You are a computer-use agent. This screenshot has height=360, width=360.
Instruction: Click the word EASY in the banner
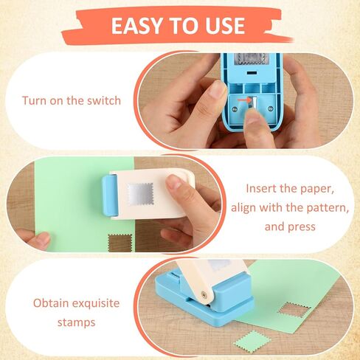tap(137, 25)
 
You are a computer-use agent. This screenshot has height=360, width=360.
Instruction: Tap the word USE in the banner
tap(225, 25)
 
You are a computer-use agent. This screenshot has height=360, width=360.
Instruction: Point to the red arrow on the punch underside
tap(243, 100)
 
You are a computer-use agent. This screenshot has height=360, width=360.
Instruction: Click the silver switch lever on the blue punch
tap(255, 102)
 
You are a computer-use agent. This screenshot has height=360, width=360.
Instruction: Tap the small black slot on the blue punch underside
tap(252, 73)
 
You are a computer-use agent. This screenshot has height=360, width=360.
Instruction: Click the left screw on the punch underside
tap(235, 108)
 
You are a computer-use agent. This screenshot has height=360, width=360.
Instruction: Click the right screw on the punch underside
tap(271, 108)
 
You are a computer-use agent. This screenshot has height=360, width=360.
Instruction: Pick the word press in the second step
tap(302, 226)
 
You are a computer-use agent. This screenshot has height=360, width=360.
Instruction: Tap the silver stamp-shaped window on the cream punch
tap(140, 194)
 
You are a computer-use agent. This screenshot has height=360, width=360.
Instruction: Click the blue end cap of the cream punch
tap(110, 195)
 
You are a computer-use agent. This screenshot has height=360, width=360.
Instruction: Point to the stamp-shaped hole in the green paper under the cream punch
tap(120, 243)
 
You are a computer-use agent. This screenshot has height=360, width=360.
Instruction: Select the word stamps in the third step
tap(76, 322)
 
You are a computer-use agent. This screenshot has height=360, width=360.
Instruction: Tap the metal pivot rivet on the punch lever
tap(204, 294)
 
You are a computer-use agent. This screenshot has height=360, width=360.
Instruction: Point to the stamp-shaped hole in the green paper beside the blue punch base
tap(294, 310)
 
